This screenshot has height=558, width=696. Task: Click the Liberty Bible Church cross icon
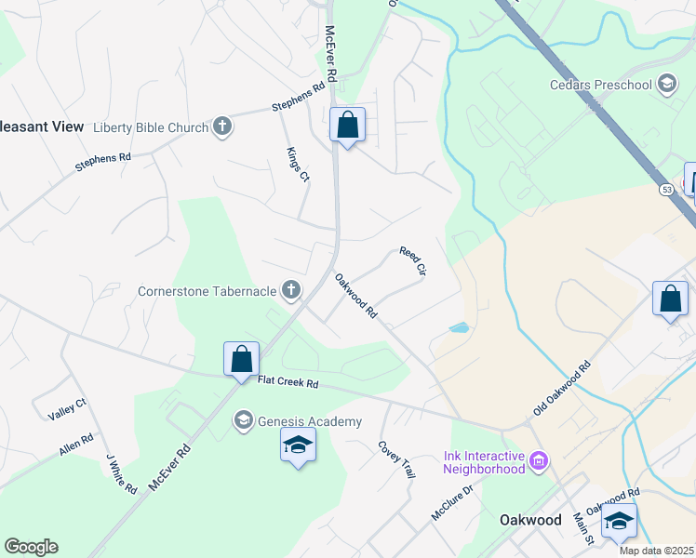coord(221,126)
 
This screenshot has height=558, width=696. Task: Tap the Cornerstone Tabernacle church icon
coord(291,291)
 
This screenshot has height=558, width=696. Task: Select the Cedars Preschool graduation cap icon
coord(666,86)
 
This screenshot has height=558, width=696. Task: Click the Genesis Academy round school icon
coord(244,421)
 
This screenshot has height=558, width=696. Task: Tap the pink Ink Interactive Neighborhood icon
coord(538,460)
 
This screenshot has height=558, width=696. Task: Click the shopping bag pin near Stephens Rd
coord(347,125)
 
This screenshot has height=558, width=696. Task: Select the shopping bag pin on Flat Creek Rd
coord(241,359)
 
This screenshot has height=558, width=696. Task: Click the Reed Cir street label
coord(412,261)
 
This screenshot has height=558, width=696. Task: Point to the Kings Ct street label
coord(297,164)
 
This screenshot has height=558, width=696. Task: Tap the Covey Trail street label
coord(395,459)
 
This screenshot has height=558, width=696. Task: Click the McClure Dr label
coord(452,502)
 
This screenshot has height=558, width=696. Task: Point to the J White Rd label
coord(121,473)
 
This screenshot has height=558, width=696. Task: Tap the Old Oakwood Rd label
coord(562,389)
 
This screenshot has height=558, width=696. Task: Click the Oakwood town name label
coord(529,520)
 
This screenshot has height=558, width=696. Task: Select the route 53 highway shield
coord(666,189)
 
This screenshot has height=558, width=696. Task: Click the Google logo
coord(31,546)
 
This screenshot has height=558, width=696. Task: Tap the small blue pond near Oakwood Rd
coord(459,327)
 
